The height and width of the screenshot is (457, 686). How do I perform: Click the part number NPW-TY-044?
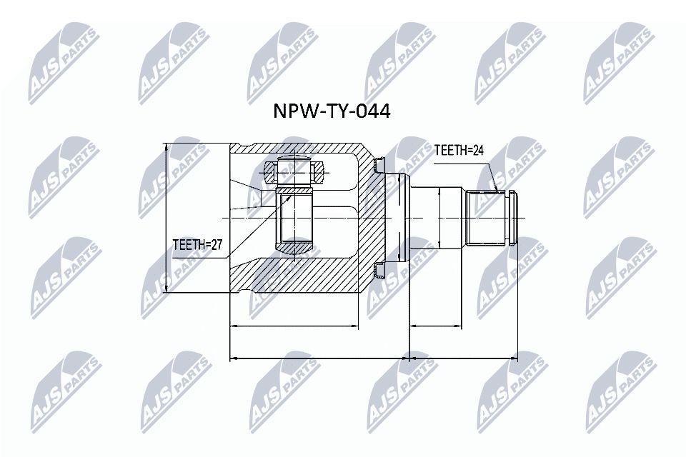(x=332, y=112)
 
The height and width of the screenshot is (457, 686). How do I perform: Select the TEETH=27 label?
(x=199, y=245)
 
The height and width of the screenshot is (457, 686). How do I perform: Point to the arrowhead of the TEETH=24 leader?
(x=497, y=191)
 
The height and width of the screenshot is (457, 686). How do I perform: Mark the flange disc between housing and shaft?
(x=401, y=217)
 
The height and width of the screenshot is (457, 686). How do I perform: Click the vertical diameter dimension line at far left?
(x=166, y=218)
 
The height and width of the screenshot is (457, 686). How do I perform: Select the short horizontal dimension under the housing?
(x=293, y=328)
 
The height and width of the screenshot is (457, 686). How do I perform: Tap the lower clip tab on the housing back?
(x=379, y=270)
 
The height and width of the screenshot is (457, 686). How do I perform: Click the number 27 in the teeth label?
(x=217, y=245)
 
